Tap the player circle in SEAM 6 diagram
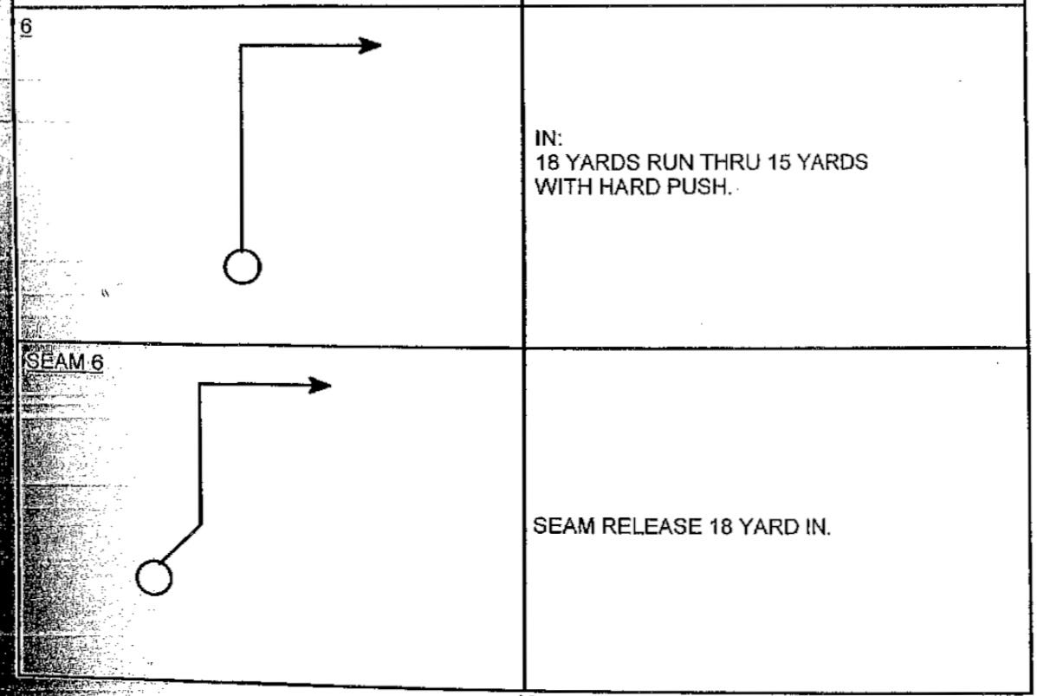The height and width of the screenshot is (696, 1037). coord(154,577)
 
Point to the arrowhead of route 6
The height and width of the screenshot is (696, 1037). coord(372,46)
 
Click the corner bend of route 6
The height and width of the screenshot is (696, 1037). coord(241,47)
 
